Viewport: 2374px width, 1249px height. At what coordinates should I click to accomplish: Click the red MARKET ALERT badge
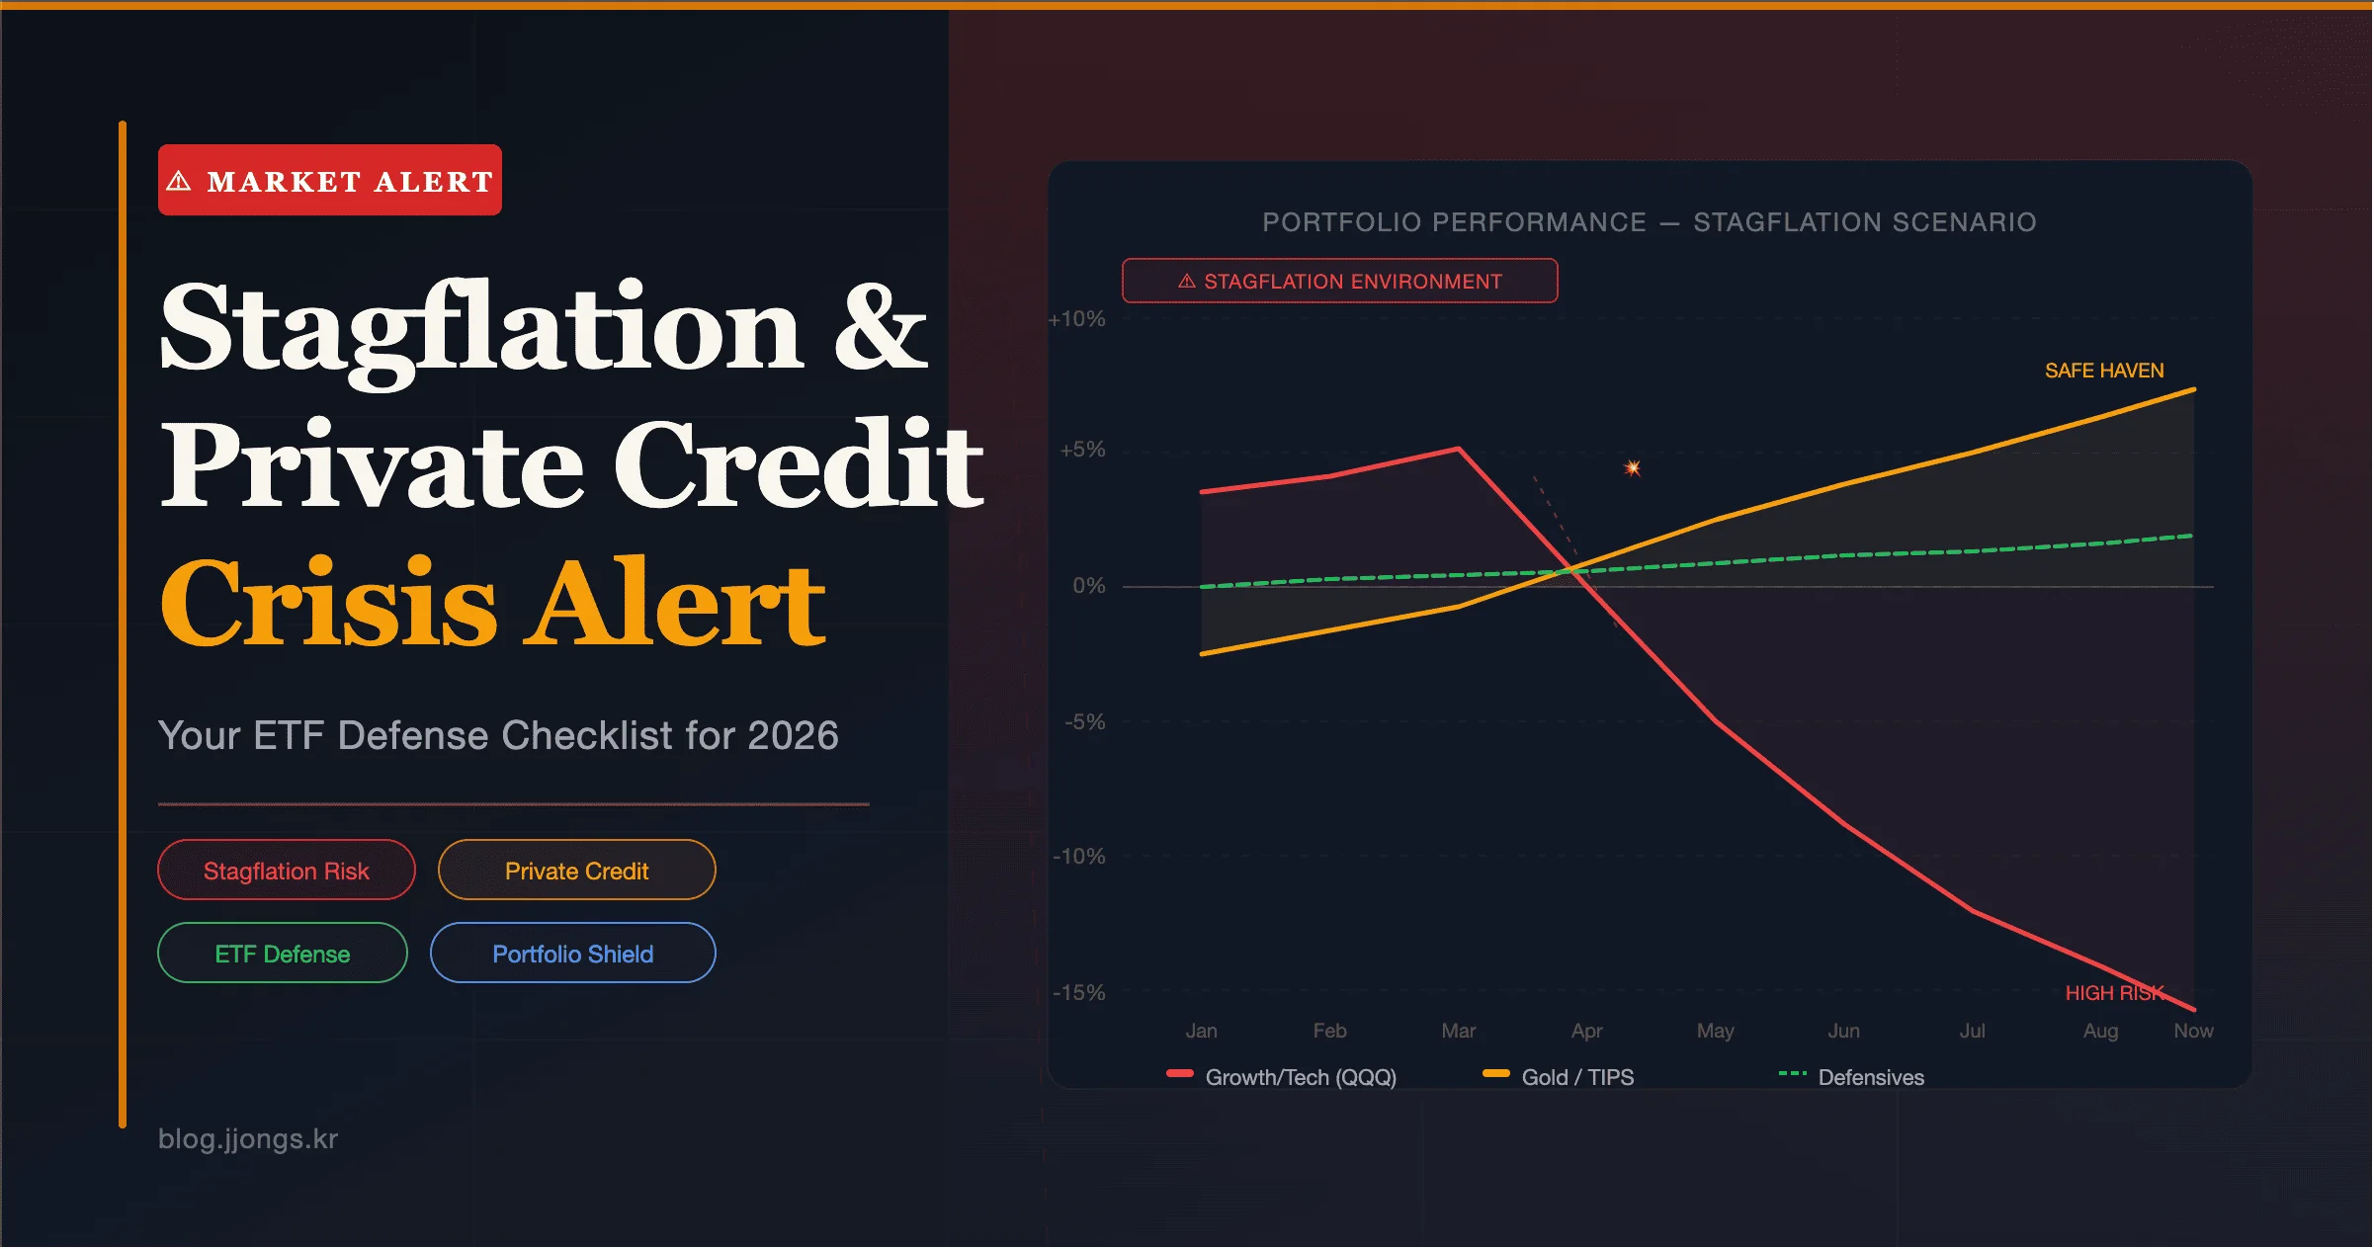pos(330,181)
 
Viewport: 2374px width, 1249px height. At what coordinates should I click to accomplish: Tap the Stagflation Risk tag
pos(287,871)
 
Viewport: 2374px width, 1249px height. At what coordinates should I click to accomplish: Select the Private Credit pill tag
pos(577,871)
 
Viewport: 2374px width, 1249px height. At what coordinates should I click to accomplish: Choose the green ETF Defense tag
pos(283,954)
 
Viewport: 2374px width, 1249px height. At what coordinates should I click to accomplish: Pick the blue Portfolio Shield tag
pos(573,954)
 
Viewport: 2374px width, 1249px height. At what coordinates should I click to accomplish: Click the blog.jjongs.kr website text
pos(248,1139)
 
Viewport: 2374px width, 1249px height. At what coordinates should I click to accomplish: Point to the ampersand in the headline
pos(880,328)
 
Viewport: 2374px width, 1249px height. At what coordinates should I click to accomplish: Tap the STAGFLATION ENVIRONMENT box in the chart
pos(1340,282)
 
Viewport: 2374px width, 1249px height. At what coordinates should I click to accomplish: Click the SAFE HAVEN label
pos(2104,371)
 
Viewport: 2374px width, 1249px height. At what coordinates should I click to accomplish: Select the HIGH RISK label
pos(2114,993)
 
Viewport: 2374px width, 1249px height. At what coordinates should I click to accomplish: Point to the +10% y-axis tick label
pos(1077,319)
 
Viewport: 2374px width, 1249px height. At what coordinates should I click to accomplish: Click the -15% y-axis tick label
pos(1079,992)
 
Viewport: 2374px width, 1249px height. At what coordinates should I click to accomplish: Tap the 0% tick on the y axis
pos(1089,586)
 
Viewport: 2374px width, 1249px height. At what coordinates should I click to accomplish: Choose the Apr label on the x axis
pos(1586,1031)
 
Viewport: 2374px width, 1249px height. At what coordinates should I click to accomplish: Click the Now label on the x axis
pos(2193,1031)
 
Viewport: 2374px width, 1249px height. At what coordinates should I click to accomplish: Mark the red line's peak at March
pos(1459,450)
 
